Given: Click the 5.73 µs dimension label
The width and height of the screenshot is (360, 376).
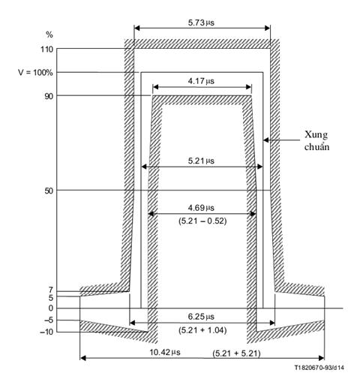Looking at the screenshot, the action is (201, 23).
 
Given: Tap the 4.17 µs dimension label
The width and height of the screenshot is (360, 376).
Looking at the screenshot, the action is (201, 81).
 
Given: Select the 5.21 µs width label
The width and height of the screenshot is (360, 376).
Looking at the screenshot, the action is (201, 161).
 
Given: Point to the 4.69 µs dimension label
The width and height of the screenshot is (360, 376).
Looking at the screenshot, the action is (201, 208).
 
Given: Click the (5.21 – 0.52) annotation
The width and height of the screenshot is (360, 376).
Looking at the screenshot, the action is (202, 221).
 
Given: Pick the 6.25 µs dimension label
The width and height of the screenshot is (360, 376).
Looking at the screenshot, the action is (201, 317).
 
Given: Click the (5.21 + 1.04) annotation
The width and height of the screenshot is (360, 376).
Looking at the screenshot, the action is (202, 330).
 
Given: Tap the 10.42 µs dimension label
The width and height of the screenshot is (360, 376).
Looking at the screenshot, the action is (165, 352).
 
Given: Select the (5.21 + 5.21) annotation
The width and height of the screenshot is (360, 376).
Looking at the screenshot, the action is (236, 353).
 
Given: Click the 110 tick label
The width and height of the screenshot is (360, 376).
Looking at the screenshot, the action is (47, 50).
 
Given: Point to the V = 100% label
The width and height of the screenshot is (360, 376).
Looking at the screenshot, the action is (35, 73).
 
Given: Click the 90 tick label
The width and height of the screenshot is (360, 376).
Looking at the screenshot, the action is (49, 96).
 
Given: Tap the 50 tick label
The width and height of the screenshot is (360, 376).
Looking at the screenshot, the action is (49, 191).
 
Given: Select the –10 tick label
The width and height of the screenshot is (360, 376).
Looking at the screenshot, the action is (46, 332).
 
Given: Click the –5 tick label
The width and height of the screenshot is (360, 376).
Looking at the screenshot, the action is (49, 320).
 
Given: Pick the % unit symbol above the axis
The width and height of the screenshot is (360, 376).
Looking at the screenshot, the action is (49, 35).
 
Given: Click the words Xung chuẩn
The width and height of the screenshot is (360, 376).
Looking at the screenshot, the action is (316, 140).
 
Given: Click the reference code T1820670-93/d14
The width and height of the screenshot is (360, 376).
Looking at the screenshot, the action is (319, 368).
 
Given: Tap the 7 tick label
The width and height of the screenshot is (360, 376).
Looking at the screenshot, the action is (51, 290).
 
